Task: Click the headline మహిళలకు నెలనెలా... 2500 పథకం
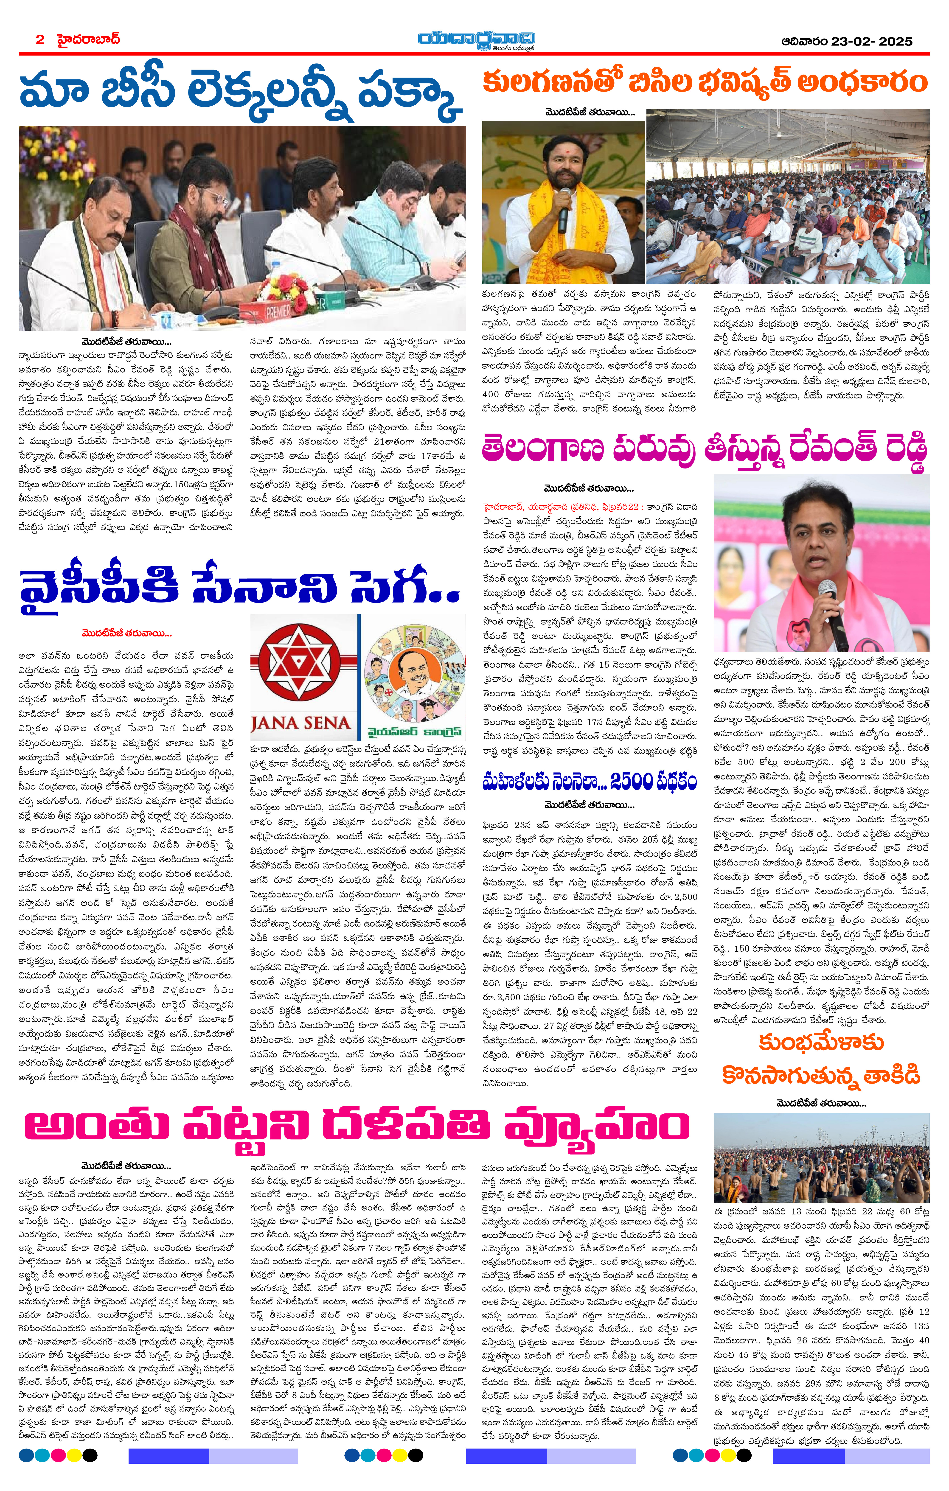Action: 589,781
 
